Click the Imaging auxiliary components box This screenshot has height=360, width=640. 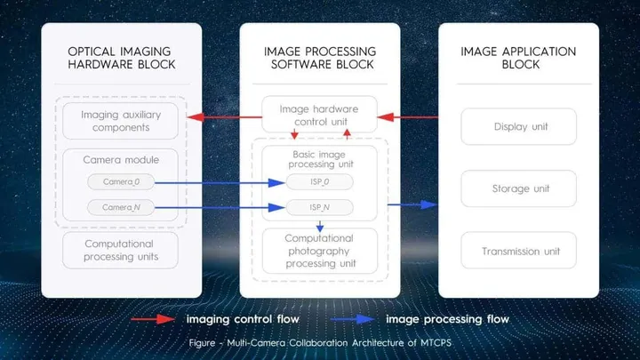click(x=120, y=121)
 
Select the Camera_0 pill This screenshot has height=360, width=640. click(x=120, y=181)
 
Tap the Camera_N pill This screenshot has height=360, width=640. click(x=120, y=207)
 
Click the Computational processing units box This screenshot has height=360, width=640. click(x=120, y=250)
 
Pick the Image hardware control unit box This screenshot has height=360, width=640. click(x=319, y=115)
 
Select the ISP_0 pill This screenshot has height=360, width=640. click(x=319, y=182)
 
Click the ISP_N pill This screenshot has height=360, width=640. click(x=319, y=208)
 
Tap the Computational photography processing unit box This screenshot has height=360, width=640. click(x=319, y=251)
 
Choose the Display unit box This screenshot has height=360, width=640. click(x=519, y=126)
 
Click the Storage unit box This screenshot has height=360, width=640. click(x=519, y=188)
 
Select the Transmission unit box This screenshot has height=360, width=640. click(x=519, y=251)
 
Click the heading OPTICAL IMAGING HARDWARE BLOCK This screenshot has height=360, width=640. click(x=121, y=58)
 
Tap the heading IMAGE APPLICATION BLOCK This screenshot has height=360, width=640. click(x=519, y=58)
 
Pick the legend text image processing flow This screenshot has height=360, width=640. click(x=448, y=318)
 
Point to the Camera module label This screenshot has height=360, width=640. click(x=120, y=159)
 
